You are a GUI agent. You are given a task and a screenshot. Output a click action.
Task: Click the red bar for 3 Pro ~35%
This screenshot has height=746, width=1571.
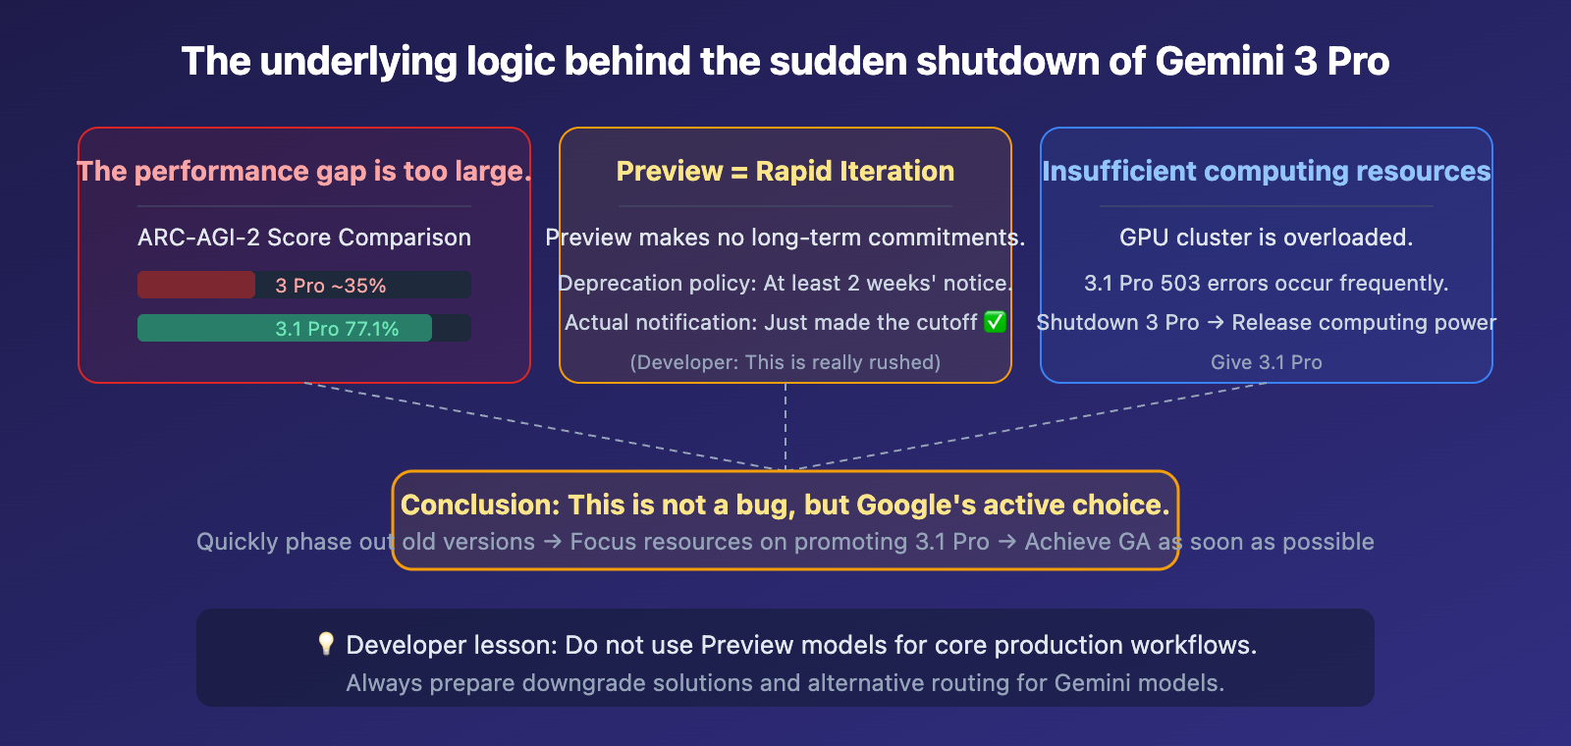pos(196,285)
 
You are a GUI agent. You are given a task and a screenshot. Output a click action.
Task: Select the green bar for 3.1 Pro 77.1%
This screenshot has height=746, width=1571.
pos(285,328)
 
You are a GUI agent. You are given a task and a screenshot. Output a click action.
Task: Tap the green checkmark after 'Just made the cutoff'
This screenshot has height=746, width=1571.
pos(995,322)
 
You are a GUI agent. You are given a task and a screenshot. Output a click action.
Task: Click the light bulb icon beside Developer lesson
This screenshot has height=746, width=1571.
pos(326,644)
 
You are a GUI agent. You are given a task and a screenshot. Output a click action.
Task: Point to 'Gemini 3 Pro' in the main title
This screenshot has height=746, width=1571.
pos(1272,61)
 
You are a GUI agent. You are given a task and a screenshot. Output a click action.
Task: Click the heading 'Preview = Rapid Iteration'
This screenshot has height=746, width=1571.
pos(785,171)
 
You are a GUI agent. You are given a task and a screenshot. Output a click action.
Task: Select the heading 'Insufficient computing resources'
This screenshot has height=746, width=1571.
pos(1267,171)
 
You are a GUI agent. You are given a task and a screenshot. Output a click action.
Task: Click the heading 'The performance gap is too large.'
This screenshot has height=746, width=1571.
pos(304,171)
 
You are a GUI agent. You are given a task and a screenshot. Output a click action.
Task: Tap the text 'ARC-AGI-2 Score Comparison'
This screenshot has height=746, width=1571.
pos(304,238)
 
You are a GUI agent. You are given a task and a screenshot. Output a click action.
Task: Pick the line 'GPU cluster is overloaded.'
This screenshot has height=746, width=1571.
pos(1267,238)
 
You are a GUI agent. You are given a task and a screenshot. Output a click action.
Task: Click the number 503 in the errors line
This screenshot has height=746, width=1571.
pos(1180,284)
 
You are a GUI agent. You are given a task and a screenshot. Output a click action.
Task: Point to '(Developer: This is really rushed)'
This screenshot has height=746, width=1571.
pos(785,362)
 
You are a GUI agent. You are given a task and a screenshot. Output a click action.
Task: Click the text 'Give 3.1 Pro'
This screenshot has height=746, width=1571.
pos(1267,362)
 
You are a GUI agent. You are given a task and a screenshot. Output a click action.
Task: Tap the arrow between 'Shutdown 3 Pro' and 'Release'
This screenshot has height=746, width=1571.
pos(1216,323)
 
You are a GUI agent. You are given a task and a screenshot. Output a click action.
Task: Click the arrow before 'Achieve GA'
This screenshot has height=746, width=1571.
pos(1007,542)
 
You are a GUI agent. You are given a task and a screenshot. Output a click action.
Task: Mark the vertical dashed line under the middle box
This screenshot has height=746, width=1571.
pos(785,427)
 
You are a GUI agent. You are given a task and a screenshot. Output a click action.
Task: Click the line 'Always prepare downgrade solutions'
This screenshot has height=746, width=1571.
pos(785,683)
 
